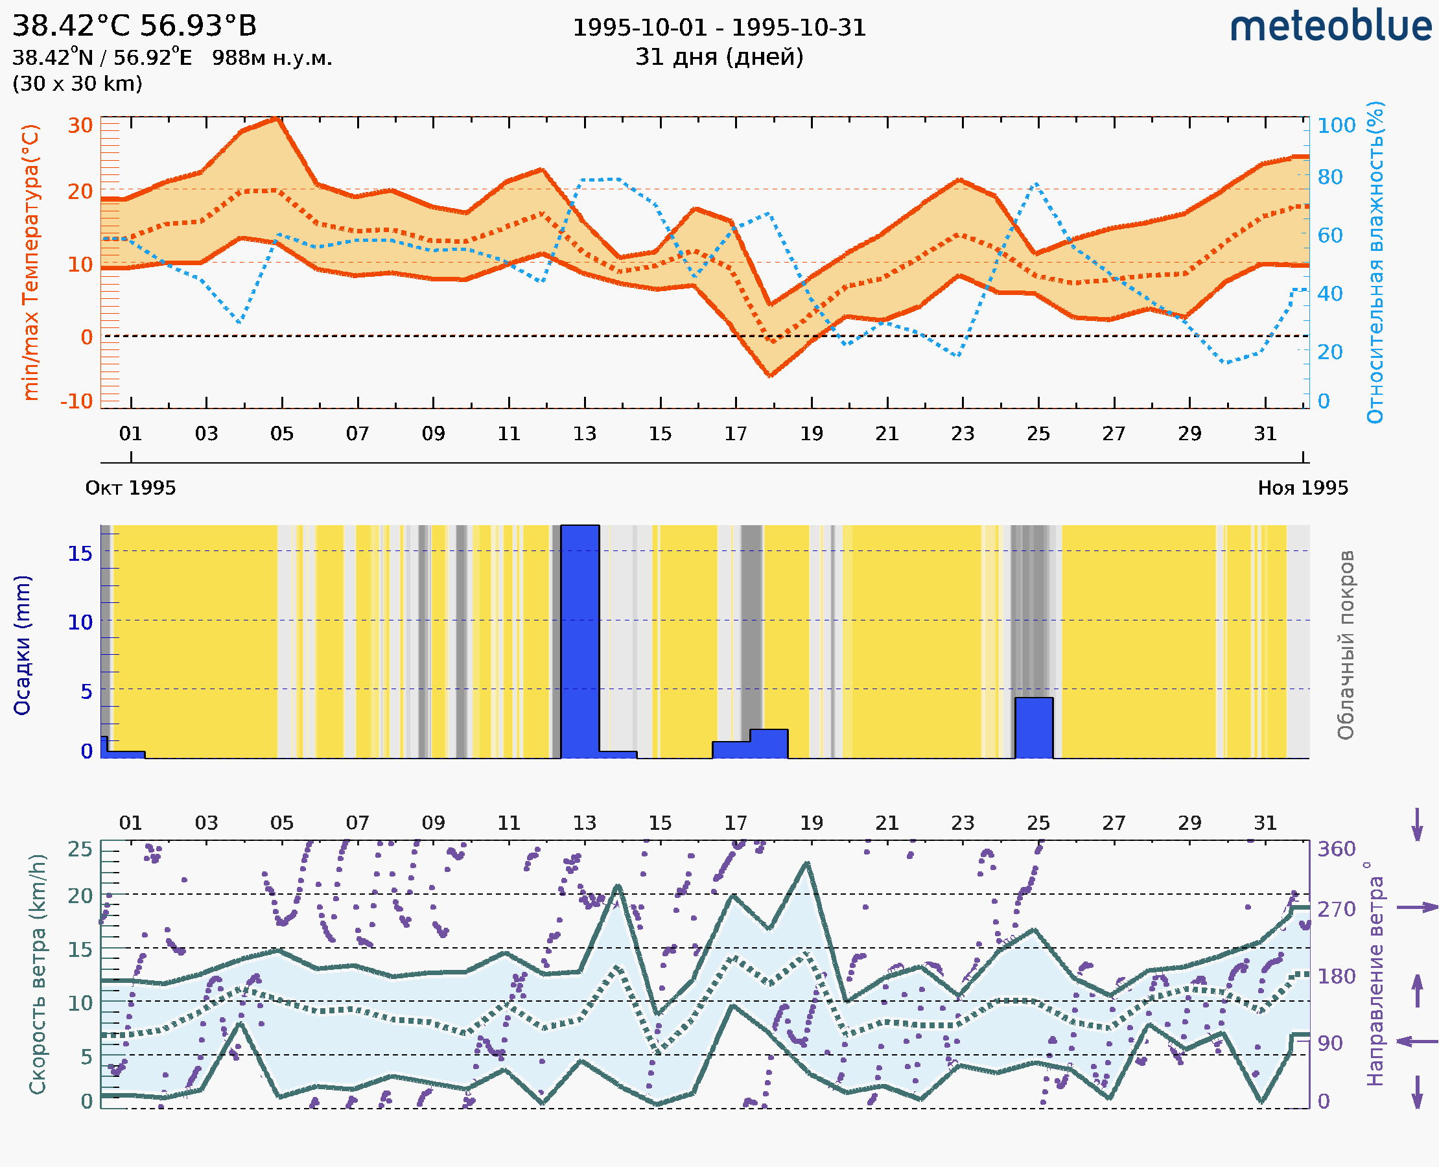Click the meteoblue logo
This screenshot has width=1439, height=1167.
click(1331, 27)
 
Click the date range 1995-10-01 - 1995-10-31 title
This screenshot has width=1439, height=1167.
click(719, 28)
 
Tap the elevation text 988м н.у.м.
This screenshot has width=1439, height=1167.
click(272, 58)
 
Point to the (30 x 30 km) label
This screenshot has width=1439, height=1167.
click(77, 84)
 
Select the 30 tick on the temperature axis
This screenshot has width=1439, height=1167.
click(80, 125)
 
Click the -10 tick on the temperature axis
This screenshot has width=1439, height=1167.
click(76, 401)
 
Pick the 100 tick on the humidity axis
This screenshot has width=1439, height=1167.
click(1336, 125)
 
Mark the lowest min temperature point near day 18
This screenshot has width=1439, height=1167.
click(770, 375)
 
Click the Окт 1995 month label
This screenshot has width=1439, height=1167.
click(130, 488)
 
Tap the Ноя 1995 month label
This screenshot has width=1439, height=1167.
click(1303, 488)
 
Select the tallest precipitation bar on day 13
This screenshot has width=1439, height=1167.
click(580, 639)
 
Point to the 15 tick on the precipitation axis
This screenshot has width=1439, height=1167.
click(80, 553)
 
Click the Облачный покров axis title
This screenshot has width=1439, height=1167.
click(1346, 645)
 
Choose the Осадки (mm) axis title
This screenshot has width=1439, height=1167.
click(22, 645)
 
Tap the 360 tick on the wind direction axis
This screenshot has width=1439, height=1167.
click(1336, 849)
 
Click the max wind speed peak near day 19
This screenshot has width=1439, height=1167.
click(807, 863)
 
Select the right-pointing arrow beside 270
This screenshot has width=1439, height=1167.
click(1417, 908)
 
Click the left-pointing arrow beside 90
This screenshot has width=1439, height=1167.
click(1417, 1042)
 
